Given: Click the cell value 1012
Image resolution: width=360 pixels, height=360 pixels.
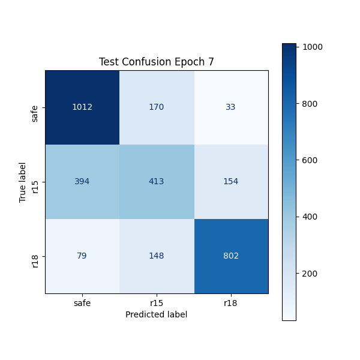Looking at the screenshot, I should pos(82,107).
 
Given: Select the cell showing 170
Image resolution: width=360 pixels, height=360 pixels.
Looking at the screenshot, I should pos(157,107).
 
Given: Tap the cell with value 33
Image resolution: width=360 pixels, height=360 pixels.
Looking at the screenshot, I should pos(231,107).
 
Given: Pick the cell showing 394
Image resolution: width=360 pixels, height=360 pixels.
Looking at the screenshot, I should pos(82,182).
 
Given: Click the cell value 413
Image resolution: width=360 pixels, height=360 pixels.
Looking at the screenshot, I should pos(157,182).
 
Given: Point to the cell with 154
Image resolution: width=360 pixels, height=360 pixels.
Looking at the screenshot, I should pos(231,182).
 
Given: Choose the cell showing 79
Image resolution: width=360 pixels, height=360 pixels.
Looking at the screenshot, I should pos(82,256).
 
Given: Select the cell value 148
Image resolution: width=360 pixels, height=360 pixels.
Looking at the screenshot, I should pos(157,256).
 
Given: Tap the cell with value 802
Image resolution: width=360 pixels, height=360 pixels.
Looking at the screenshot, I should pos(231,256).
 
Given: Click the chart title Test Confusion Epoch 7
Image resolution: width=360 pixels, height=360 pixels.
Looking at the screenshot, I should pos(157,62).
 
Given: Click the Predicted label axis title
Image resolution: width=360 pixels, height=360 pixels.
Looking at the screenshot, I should pos(157,314).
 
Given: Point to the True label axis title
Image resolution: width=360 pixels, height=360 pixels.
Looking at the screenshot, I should pos(23,182).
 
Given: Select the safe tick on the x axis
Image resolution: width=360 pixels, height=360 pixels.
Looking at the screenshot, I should pos(82,303).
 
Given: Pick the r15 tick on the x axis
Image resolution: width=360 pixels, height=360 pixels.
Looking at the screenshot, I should pos(157,303).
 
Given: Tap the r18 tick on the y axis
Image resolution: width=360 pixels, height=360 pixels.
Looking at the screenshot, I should pos(35,256).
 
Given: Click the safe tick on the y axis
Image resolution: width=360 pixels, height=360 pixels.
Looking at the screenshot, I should pos(35,113).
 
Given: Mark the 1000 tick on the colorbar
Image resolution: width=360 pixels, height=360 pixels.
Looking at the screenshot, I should pos(309,47).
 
